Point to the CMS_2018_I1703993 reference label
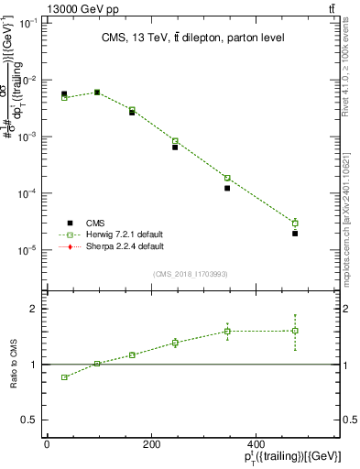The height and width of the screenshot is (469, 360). (191, 274)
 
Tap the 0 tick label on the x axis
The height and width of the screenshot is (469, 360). (47, 443)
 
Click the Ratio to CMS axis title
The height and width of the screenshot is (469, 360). (14, 365)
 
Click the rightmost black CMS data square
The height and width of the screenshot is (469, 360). (295, 234)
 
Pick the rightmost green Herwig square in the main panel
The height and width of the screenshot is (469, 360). (295, 223)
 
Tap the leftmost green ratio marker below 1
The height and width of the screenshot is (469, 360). (64, 377)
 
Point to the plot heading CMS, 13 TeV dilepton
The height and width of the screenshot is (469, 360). (192, 38)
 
